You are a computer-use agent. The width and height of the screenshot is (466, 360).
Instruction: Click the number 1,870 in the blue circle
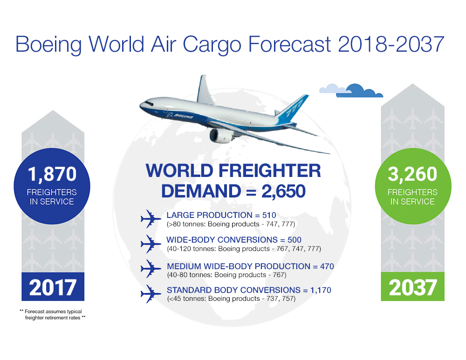click(52, 174)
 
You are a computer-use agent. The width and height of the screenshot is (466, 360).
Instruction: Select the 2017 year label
click(52, 287)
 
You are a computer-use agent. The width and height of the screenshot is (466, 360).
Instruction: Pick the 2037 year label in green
click(413, 287)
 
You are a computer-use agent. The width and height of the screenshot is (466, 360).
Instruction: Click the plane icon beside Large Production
click(151, 218)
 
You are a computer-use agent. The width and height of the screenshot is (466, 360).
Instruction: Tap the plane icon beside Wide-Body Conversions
click(151, 244)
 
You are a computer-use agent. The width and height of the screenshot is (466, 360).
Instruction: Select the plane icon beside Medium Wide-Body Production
click(151, 269)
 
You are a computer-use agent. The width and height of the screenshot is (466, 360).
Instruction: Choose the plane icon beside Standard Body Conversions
click(151, 293)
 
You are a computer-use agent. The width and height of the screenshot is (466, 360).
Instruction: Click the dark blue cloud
click(360, 91)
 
